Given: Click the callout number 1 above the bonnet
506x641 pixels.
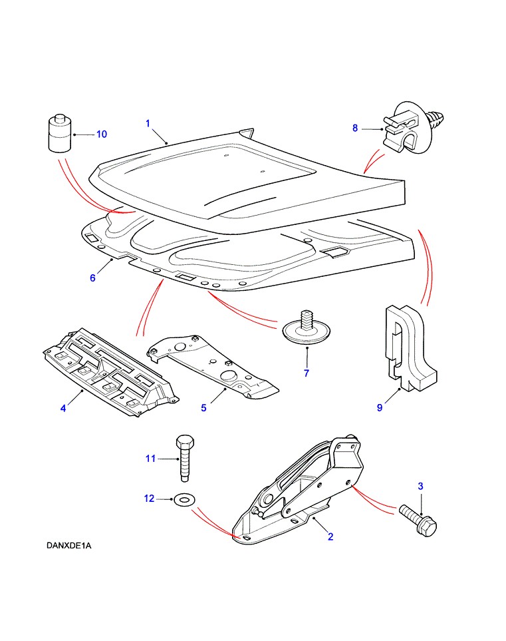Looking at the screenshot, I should pyautogui.click(x=148, y=123).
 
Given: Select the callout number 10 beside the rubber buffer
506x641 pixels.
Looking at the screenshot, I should pyautogui.click(x=101, y=134).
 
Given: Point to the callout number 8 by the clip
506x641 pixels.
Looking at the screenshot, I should pyautogui.click(x=355, y=128).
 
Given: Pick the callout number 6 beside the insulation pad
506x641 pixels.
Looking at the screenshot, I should pyautogui.click(x=93, y=278).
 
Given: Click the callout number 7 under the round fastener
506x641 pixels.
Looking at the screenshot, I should pyautogui.click(x=307, y=373).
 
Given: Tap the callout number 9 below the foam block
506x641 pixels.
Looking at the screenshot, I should pyautogui.click(x=380, y=407).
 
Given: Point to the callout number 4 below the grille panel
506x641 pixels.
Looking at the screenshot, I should pyautogui.click(x=63, y=407).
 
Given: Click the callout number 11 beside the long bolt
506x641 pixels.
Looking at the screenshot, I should pyautogui.click(x=150, y=458).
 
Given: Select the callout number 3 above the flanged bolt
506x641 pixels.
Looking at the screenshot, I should pyautogui.click(x=420, y=487).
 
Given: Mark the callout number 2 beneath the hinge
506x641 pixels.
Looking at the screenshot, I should pyautogui.click(x=330, y=537).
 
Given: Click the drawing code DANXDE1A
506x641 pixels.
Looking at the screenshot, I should pyautogui.click(x=69, y=546).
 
